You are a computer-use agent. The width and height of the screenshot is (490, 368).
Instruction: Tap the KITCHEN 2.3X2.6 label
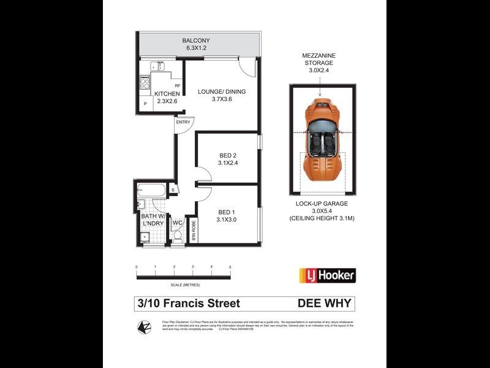[x=167, y=97]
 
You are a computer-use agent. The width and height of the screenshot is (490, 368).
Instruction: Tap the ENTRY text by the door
[x=183, y=122]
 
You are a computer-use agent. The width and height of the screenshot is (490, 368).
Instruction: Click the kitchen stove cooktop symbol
[x=145, y=82]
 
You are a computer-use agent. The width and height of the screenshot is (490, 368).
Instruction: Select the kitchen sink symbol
[x=157, y=65]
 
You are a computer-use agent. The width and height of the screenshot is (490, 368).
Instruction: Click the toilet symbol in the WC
[x=178, y=234]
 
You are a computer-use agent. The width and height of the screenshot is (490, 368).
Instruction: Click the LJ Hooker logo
[x=327, y=275]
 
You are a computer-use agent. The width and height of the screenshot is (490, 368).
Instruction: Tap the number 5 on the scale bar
[x=230, y=267]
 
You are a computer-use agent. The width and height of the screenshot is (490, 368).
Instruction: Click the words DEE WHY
[x=325, y=304]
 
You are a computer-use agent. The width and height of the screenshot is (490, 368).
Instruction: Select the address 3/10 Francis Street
[x=189, y=304]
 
